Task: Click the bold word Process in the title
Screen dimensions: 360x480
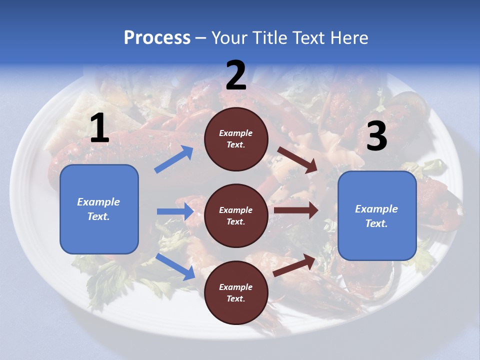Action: coord(157,38)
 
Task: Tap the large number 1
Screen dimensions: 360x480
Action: coord(99,128)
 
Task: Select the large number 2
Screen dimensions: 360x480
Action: coord(236,75)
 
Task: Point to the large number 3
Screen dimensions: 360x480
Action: coord(376,136)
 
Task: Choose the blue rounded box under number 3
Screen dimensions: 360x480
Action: coord(377,240)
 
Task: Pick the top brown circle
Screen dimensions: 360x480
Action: coord(236,139)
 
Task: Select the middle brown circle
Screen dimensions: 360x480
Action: coord(236,216)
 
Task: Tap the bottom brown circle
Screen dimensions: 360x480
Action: coord(236,293)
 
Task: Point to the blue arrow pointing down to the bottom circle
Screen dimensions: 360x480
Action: coord(175,266)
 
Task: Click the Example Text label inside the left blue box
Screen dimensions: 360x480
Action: coord(98,209)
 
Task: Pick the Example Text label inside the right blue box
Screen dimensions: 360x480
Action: coord(376,216)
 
